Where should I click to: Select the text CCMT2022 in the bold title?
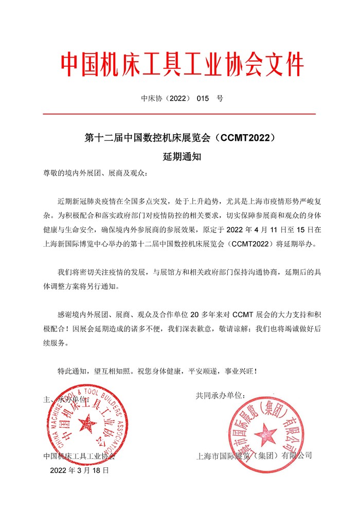click(245, 138)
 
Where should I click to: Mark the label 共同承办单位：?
click(221, 395)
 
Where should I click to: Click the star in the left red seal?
click(86, 425)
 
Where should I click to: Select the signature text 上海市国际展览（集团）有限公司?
click(255, 456)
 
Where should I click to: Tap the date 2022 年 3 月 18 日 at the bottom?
click(80, 470)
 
